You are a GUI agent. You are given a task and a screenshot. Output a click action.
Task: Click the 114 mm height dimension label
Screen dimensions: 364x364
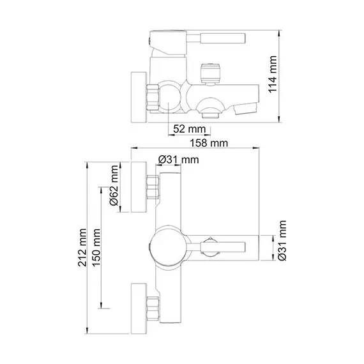click(273, 74)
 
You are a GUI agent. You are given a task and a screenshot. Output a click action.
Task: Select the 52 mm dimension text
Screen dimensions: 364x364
click(190, 129)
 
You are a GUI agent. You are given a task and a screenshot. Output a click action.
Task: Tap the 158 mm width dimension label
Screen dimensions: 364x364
click(209, 143)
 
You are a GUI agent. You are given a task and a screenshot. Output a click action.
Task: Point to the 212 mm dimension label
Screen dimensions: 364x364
click(82, 248)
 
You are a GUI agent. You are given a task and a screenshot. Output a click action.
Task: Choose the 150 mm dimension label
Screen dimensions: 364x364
click(96, 248)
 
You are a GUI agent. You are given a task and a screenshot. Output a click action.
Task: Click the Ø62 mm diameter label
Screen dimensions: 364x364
click(114, 185)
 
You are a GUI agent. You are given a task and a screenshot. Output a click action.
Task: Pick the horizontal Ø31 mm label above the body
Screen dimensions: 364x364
click(179, 160)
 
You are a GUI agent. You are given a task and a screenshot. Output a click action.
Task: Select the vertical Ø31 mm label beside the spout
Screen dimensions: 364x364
click(282, 241)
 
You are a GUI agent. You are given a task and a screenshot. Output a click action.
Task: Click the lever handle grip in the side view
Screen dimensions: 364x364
click(223, 38)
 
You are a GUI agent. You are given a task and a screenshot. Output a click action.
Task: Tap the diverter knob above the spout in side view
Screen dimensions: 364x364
click(210, 73)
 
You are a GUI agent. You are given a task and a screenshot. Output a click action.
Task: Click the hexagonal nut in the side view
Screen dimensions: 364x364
click(153, 97)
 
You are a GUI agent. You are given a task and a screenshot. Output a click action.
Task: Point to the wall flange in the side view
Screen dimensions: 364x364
click(139, 97)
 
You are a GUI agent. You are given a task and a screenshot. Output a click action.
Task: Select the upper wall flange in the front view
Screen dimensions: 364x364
click(139, 187)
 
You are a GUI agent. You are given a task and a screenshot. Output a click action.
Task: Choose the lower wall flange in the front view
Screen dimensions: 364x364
click(139, 308)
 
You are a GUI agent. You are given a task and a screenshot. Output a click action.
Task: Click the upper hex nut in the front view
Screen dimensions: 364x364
click(153, 187)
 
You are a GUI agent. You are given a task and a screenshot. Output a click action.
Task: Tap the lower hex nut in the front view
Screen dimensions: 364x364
click(153, 308)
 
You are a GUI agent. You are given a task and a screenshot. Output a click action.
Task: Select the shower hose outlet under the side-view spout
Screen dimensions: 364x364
click(211, 115)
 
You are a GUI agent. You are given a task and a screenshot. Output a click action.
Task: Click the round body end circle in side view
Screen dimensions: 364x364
click(170, 97)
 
